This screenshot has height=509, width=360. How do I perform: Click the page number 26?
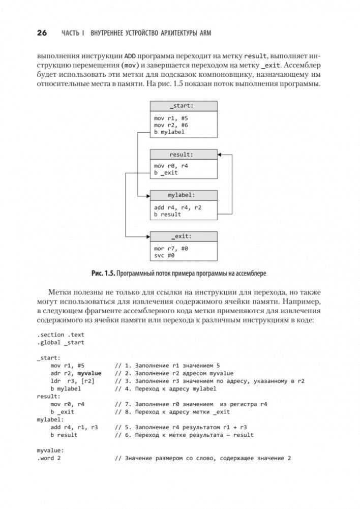(42, 33)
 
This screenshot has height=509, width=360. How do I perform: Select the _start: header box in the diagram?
(184, 106)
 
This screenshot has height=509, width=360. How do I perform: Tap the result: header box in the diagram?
(184, 154)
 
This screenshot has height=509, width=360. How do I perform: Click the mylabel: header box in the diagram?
(184, 195)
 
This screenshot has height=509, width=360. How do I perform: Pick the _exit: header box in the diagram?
(184, 236)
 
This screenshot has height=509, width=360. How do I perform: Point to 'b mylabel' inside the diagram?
(169, 132)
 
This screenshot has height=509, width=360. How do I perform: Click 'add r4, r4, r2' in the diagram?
(177, 207)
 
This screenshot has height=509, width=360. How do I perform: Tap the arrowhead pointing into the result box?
(220, 154)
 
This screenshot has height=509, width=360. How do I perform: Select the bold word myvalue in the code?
(89, 373)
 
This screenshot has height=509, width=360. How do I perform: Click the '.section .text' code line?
(61, 334)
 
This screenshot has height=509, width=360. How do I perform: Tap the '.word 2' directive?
(49, 458)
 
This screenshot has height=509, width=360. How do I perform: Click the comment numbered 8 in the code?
(172, 412)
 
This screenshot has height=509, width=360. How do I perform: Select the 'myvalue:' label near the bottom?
(49, 451)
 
